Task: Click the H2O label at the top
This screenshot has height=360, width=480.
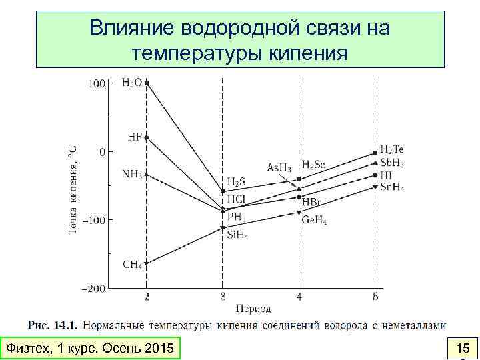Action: [131, 83]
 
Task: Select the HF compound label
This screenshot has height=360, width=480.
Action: [134, 137]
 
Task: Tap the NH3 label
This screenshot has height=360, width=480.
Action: [132, 174]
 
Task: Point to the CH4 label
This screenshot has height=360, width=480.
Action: [132, 265]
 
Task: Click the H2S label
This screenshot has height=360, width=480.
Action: [237, 181]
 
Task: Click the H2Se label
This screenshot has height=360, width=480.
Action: [313, 164]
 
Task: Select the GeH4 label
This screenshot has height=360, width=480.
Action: [315, 220]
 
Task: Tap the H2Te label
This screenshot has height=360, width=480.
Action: [392, 149]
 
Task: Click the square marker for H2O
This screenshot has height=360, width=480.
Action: [147, 83]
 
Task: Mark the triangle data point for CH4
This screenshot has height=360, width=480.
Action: [147, 263]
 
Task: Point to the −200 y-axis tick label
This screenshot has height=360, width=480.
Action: [93, 289]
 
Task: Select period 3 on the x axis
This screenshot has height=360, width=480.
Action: [223, 296]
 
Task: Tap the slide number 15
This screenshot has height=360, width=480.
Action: [462, 348]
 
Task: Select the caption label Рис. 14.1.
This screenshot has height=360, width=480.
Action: [53, 325]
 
